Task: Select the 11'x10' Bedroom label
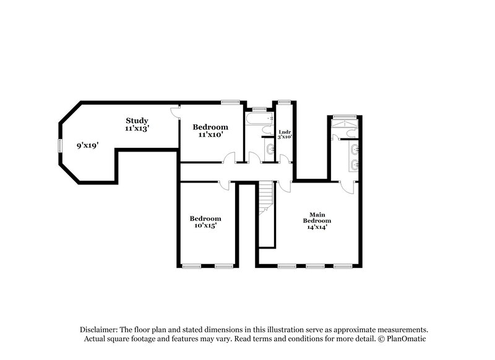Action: pyautogui.click(x=210, y=131)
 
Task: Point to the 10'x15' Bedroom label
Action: pyautogui.click(x=205, y=222)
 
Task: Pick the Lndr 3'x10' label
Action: pyautogui.click(x=285, y=134)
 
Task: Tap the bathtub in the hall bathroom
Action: pyautogui.click(x=259, y=118)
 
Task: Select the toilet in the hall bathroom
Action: pyautogui.click(x=267, y=130)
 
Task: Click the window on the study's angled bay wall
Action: pyautogui.click(x=60, y=145)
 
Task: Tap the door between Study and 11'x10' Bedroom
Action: pyautogui.click(x=176, y=111)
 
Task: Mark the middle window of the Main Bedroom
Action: pyautogui.click(x=315, y=266)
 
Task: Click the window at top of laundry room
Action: pyautogui.click(x=285, y=101)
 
